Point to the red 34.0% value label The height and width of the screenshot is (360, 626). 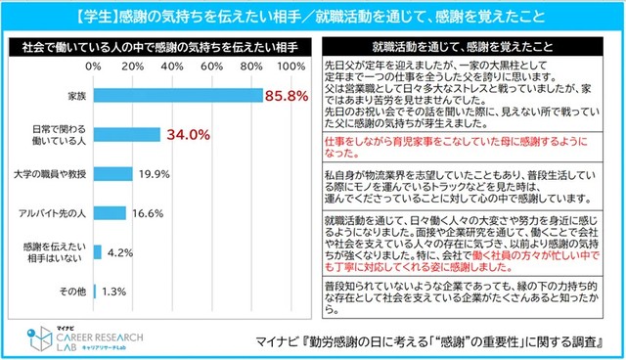(x=189, y=135)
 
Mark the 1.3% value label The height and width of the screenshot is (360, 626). (x=113, y=290)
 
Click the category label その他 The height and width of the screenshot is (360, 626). (x=73, y=290)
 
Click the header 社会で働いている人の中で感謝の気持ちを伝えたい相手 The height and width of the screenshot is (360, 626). (x=158, y=45)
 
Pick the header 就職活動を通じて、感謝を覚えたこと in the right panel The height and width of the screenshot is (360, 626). (x=467, y=45)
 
